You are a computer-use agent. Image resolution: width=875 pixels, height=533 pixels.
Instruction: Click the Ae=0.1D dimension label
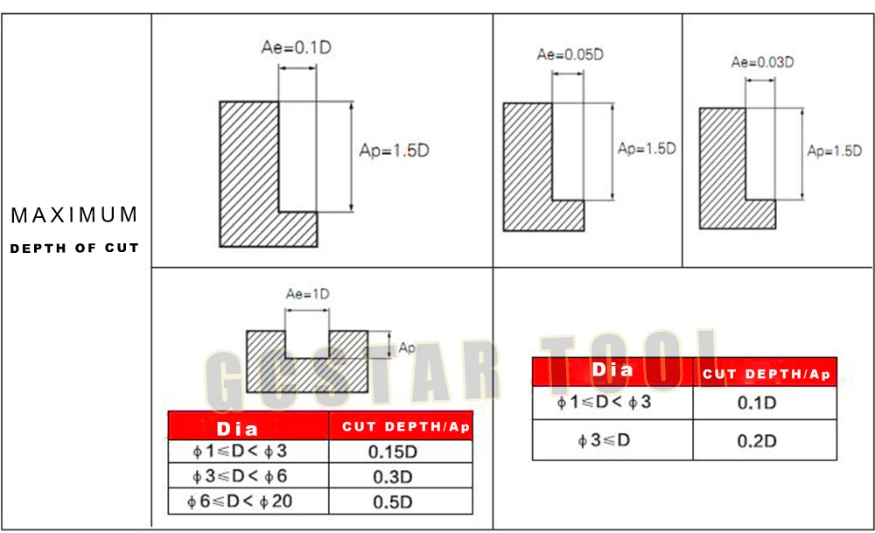point(297,47)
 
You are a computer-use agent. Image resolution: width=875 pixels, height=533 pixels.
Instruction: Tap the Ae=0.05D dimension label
point(570,54)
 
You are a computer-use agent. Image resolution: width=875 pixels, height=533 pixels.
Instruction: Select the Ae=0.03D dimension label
point(763,62)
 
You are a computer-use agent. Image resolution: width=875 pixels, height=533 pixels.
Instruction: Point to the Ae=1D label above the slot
point(307,293)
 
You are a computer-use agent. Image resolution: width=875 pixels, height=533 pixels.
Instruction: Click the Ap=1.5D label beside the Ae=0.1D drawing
point(394,151)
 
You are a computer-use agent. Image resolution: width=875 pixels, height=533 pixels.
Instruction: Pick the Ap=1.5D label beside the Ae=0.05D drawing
point(647,149)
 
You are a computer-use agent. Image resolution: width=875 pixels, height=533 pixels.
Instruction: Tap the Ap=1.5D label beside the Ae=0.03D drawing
point(834,151)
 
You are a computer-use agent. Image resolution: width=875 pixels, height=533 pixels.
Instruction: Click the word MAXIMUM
point(74,215)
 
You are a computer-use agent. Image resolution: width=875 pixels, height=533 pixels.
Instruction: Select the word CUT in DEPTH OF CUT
point(122,248)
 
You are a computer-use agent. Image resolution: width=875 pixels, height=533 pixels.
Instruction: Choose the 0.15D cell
point(393,452)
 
